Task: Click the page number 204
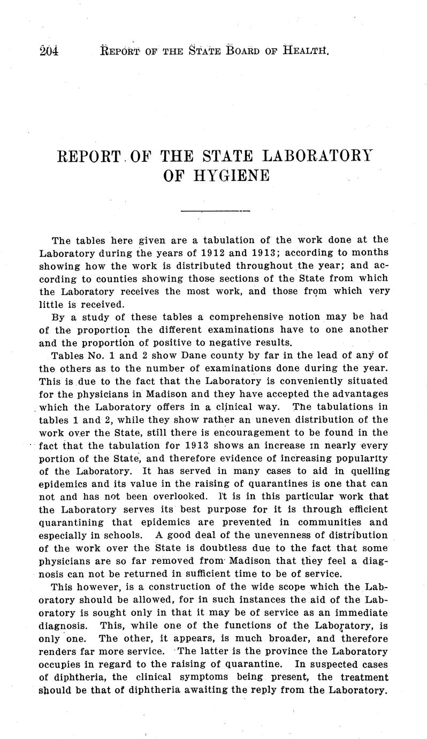coord(49,51)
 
